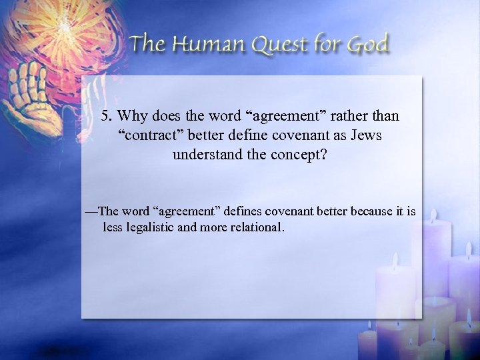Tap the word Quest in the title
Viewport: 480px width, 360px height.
281,45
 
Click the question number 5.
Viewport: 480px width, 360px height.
107,116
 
